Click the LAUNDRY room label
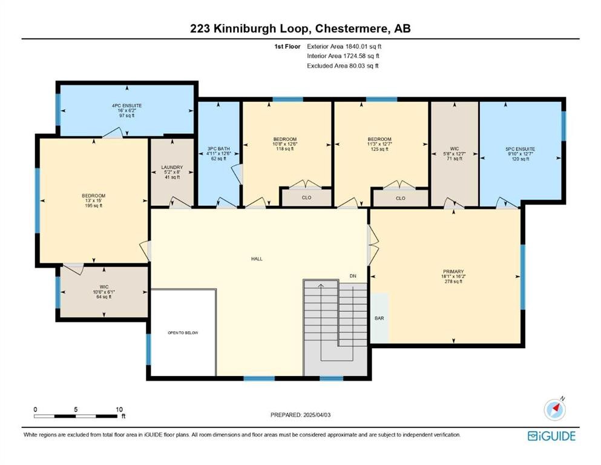click(x=172, y=167)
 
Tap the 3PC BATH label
click(x=218, y=148)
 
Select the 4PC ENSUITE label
click(x=126, y=105)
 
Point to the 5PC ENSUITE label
click(x=520, y=148)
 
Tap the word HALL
click(x=257, y=259)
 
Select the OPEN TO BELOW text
click(x=183, y=333)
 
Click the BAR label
click(x=379, y=318)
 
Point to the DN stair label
click(x=353, y=276)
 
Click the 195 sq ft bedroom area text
click(x=93, y=206)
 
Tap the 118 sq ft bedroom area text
click(x=284, y=149)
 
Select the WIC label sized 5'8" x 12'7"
click(x=454, y=148)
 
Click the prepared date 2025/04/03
click(x=321, y=415)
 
